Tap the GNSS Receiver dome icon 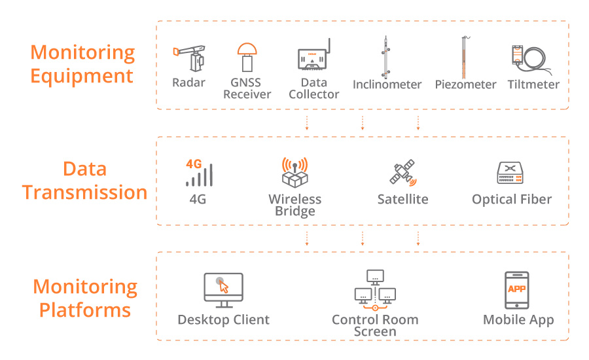click(247, 58)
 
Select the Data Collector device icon click(313, 57)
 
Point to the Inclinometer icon click(387, 57)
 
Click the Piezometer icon click(464, 58)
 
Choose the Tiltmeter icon click(530, 58)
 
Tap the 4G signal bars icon click(198, 173)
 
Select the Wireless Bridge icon click(294, 173)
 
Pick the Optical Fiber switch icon click(512, 173)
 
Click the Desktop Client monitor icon click(223, 291)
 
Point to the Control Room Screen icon click(375, 291)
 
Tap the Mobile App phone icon click(517, 290)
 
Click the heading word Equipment click(82, 76)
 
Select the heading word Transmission click(84, 192)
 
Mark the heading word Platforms click(84, 310)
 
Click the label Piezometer click(465, 84)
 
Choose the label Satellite click(402, 200)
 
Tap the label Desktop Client click(223, 320)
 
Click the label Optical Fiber click(512, 200)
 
